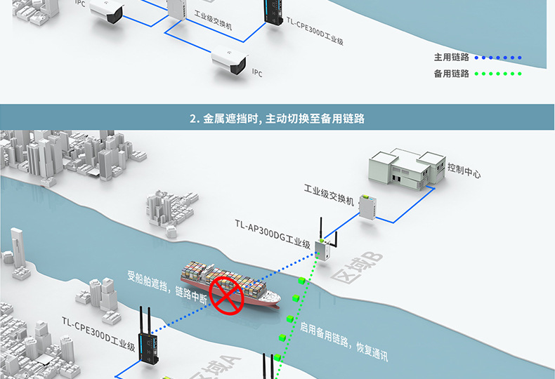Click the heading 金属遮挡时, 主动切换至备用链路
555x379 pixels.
click(x=277, y=119)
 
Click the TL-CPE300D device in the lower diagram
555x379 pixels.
click(x=150, y=344)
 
